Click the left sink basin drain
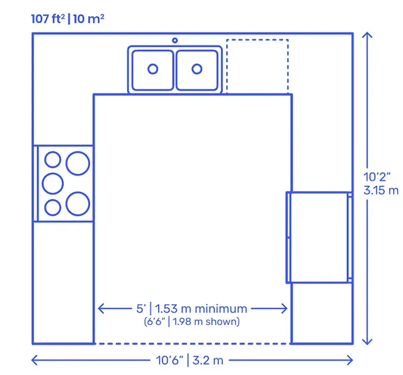click(x=153, y=69)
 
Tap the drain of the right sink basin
click(x=197, y=69)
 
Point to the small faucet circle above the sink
click(x=175, y=40)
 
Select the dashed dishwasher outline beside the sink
click(x=257, y=40)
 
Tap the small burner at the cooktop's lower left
click(x=53, y=207)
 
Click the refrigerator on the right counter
click(x=319, y=237)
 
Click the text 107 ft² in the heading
click(x=48, y=19)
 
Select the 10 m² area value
click(x=89, y=19)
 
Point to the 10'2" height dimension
click(x=377, y=177)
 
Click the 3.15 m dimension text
click(x=381, y=191)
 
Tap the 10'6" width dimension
click(x=170, y=361)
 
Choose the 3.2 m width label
click(x=208, y=361)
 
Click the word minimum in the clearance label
click(x=221, y=309)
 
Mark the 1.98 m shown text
click(x=206, y=322)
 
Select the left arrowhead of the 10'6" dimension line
click(x=35, y=360)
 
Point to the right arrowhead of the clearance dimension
click(x=284, y=308)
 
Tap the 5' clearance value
click(x=141, y=309)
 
